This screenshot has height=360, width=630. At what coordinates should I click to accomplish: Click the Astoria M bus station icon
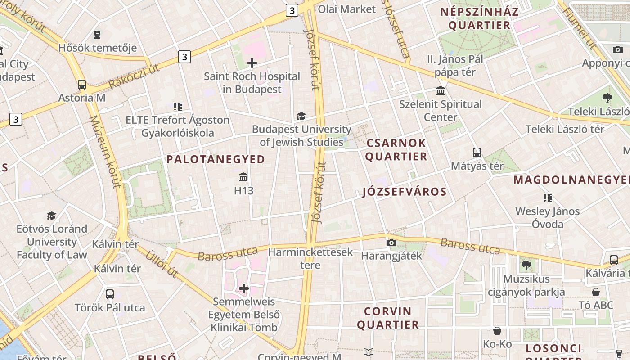coord(82,84)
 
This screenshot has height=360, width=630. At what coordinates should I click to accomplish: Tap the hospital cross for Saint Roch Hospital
coord(252,63)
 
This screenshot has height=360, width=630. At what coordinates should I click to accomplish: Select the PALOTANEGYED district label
coord(216,159)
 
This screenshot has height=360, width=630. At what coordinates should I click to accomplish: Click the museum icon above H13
coord(244,177)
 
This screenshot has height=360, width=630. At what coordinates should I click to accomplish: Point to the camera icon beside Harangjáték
coord(391,243)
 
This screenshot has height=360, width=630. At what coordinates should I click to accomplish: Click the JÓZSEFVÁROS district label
coord(405,192)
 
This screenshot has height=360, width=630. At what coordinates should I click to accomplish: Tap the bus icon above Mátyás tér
coord(477,153)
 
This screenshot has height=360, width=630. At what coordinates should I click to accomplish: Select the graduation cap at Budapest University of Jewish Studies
coord(301,117)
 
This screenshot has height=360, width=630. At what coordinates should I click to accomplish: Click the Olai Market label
coord(346,9)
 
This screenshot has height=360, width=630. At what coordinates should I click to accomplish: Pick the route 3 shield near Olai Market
coord(292,10)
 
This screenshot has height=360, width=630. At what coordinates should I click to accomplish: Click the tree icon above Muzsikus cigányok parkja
coord(526,265)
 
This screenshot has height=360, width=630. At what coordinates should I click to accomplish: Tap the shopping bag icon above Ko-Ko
coord(497,331)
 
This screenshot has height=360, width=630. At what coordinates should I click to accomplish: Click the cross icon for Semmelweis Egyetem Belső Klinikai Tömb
coord(244,288)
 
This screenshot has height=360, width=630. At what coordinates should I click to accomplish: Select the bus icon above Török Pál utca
coord(110,294)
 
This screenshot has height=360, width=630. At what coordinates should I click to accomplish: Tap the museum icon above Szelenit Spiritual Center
coord(441,91)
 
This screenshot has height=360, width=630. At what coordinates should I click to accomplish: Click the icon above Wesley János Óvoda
coord(548,198)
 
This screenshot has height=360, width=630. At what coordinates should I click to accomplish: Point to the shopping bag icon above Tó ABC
coord(596,292)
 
